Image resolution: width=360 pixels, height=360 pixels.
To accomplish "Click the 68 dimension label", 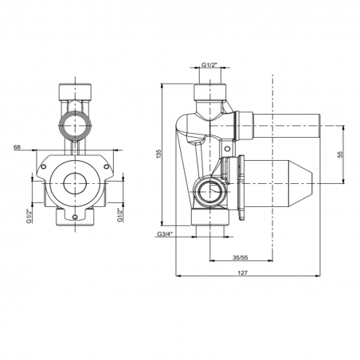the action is (17, 147).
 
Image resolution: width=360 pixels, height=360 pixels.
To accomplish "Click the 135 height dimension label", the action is (158, 154).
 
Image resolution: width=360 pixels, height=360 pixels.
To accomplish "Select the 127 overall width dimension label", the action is (242, 272).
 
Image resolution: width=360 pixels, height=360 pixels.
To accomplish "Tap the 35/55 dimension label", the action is (241, 257).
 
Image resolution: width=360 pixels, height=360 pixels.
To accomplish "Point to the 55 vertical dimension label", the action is (341, 154).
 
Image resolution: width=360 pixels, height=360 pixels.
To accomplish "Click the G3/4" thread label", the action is (165, 234).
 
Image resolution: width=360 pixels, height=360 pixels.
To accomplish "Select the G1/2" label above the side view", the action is (209, 65).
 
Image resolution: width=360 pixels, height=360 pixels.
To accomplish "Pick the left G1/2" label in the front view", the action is (29, 216).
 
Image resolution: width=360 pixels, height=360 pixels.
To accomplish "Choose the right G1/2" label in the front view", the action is (119, 215).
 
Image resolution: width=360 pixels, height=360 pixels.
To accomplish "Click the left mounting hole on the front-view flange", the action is (43, 166).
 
